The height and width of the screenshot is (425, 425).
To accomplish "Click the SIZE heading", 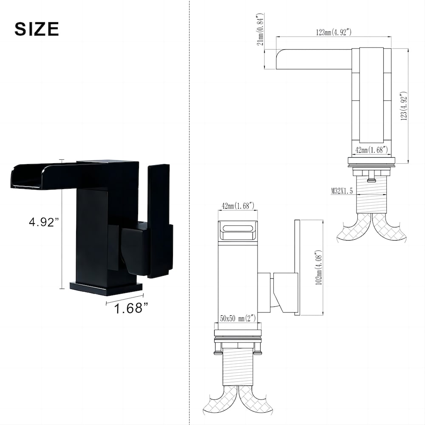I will pos(37,29).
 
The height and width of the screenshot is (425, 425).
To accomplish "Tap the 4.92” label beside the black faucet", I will pos(43,222).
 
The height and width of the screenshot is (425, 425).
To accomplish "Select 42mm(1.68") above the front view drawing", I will pos(238,206).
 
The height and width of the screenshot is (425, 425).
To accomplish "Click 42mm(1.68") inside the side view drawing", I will pos(371,150).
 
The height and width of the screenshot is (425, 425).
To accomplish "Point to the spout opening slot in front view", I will pos(238,229).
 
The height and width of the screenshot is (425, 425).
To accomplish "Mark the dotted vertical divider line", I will pos(189,212).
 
